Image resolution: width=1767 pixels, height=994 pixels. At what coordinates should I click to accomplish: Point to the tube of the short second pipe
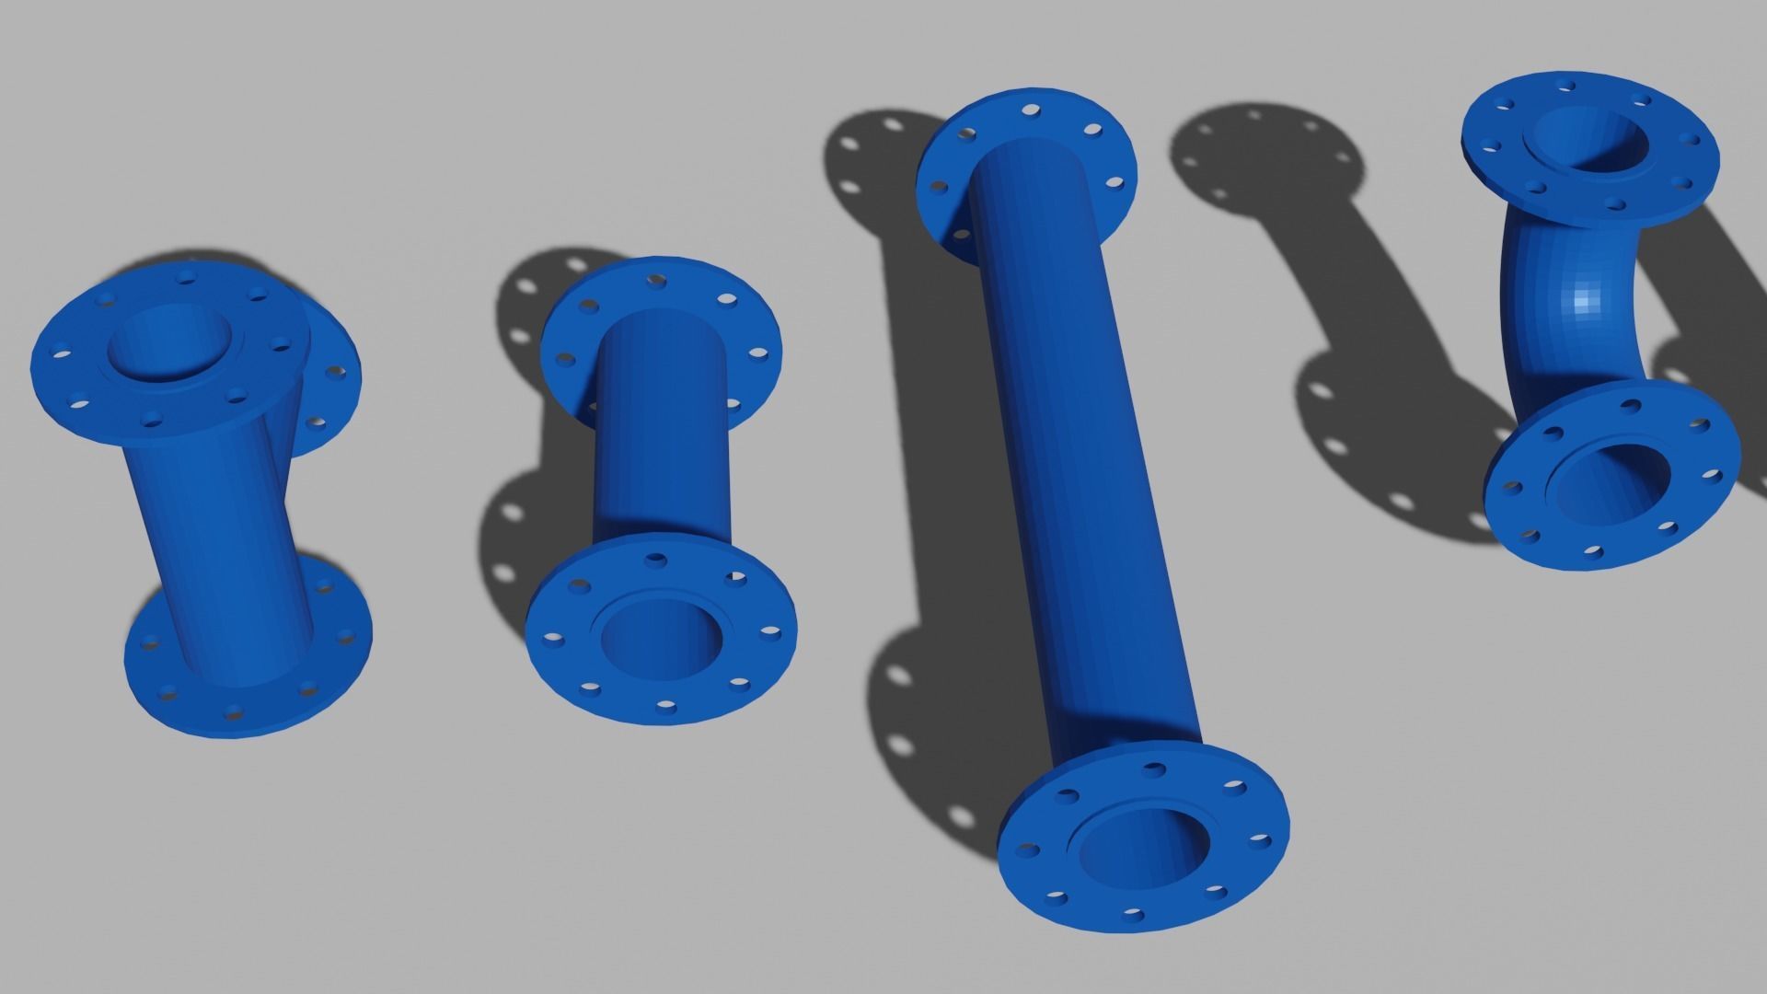[x=661, y=433]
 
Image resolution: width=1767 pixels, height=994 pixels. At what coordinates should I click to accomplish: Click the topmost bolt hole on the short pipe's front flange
[x=656, y=559]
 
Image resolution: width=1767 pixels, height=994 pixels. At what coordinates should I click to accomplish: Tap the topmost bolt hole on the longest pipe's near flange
[x=1151, y=767]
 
